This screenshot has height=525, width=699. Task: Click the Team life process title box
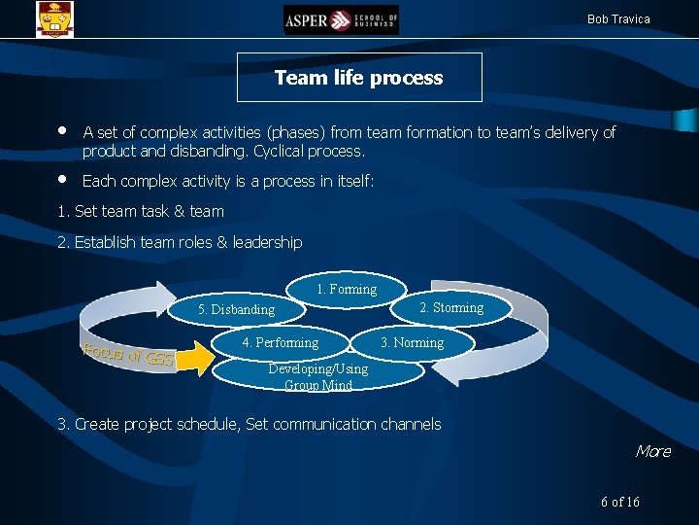tap(359, 78)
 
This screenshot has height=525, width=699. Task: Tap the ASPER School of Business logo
tap(341, 19)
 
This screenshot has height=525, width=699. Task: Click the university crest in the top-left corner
tap(53, 18)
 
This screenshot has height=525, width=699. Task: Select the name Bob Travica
tap(618, 19)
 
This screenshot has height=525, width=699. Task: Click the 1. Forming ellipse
tap(347, 289)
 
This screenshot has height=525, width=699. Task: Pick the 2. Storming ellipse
tap(450, 308)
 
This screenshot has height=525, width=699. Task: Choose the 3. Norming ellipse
tap(412, 342)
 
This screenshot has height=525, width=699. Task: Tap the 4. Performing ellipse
tap(280, 342)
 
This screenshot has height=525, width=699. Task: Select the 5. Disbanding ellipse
tap(236, 309)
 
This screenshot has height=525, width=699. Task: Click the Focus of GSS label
tap(128, 355)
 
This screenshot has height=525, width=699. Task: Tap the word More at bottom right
tap(652, 451)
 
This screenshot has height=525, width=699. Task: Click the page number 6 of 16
tap(620, 502)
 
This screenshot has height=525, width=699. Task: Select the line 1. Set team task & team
tap(141, 211)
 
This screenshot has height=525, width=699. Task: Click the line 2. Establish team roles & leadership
tap(180, 242)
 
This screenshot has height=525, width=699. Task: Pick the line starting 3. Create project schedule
tap(249, 424)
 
